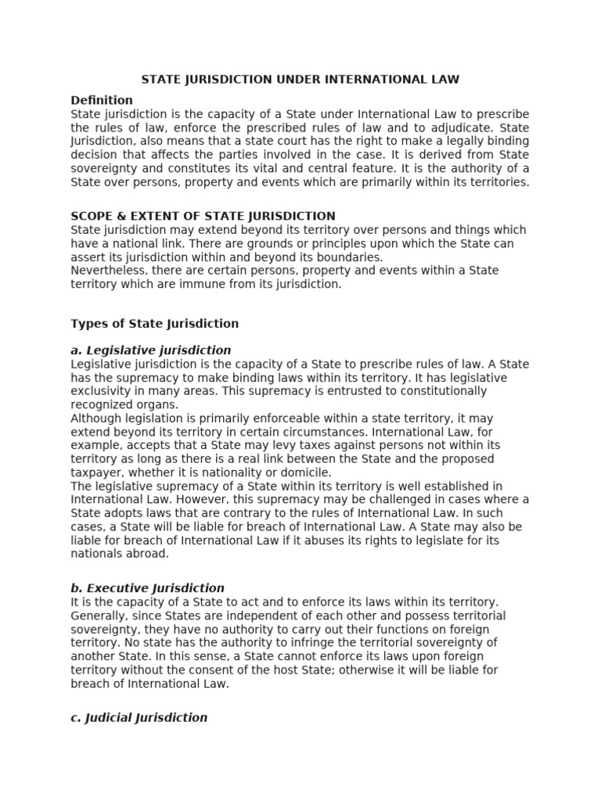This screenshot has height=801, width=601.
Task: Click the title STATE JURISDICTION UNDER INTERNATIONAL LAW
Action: pos(300,79)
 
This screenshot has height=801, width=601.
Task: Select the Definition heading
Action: pos(102,100)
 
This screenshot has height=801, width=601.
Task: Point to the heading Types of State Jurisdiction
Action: pos(154,323)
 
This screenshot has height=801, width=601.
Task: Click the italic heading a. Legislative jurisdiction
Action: pos(150,350)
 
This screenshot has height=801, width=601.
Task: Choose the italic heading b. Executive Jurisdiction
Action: pos(147,587)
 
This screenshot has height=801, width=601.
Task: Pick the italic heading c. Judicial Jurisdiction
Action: pos(139,717)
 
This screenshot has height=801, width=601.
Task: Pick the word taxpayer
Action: pos(96,472)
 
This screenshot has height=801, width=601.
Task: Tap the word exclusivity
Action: pos(99,391)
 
